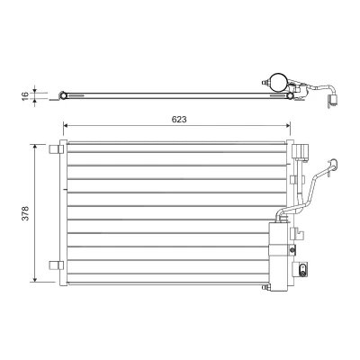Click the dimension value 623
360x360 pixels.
179,119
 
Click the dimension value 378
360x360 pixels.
26,213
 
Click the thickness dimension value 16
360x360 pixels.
25,95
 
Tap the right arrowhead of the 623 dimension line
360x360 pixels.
288,125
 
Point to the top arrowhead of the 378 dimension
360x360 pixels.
35,147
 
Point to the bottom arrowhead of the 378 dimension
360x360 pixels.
35,279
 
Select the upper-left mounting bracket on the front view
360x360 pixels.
57,149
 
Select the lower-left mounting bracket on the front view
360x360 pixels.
57,265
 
